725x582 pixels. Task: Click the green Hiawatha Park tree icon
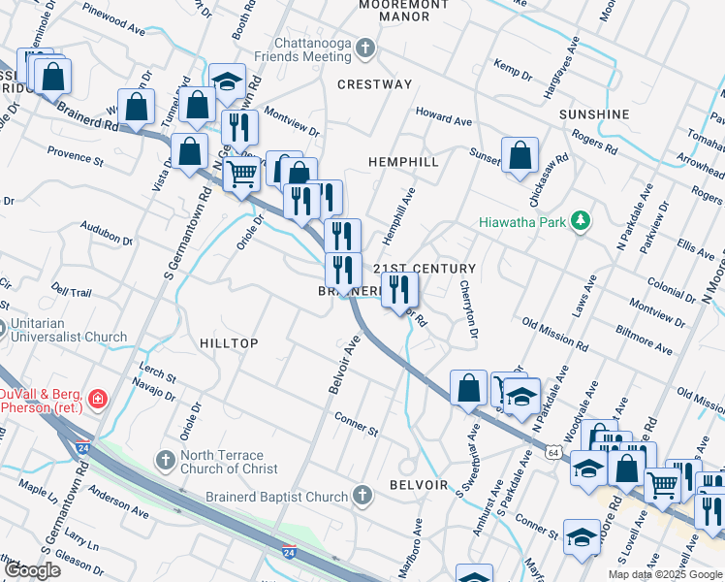(581, 221)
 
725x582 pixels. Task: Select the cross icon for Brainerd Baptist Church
(362, 497)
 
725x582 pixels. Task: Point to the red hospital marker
(97, 398)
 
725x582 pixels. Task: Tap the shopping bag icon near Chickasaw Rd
(520, 155)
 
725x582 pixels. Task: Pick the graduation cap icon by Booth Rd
(228, 81)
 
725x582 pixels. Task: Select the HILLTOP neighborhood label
(229, 344)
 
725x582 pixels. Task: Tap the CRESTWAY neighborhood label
(374, 84)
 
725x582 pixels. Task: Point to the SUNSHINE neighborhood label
(594, 114)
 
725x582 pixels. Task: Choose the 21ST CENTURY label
(425, 269)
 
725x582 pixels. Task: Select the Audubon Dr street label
(107, 235)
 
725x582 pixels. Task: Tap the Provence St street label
(76, 156)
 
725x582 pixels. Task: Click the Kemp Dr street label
(513, 69)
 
